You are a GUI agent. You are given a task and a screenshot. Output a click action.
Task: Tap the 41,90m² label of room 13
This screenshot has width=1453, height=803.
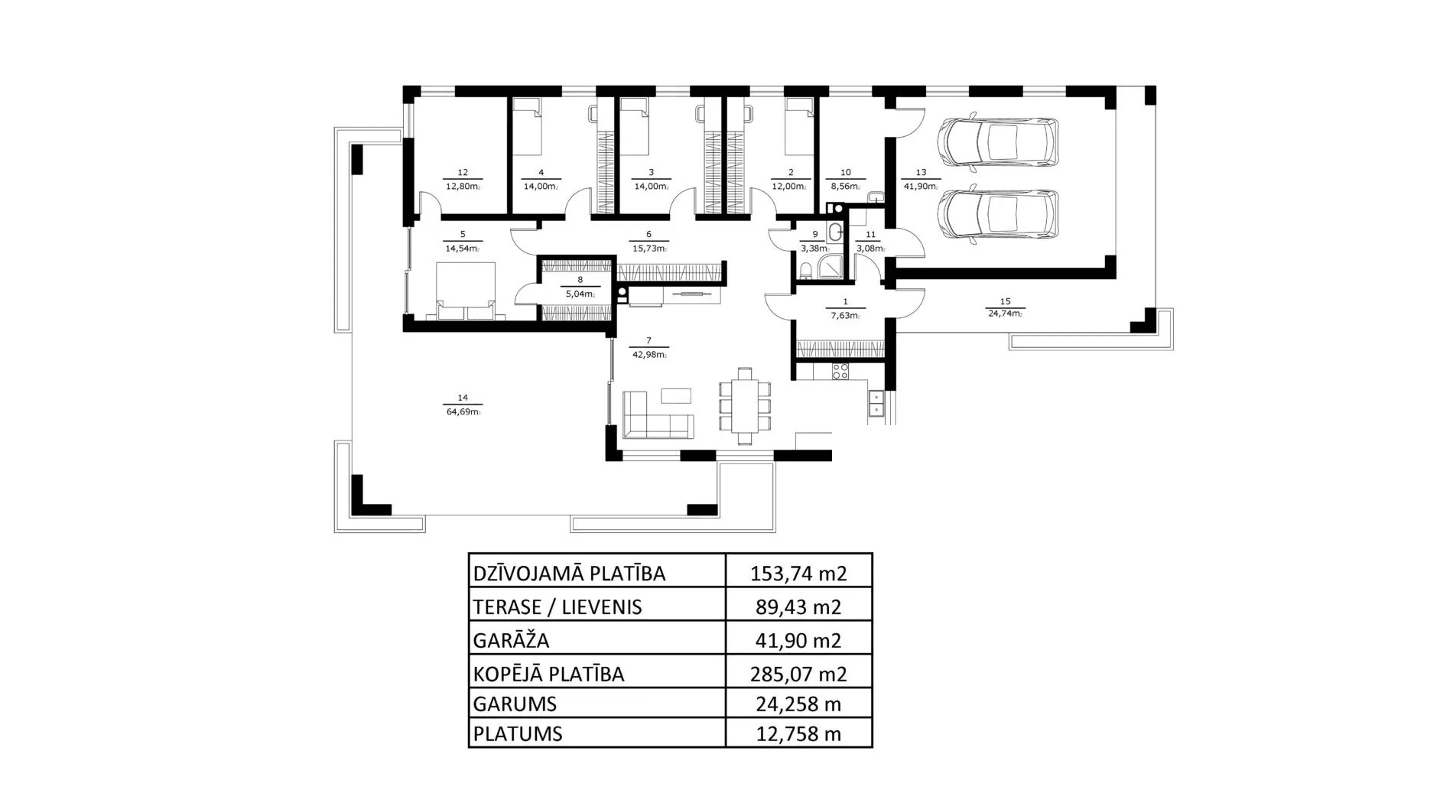[x=921, y=187]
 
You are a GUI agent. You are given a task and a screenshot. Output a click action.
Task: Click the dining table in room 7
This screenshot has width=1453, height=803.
[x=745, y=405]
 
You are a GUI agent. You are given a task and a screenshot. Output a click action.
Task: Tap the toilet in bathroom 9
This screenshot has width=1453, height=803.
[x=805, y=271]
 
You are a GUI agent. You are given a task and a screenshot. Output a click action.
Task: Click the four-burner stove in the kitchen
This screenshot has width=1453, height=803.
[x=840, y=372]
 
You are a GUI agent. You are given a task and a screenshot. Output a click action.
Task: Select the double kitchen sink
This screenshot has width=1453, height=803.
[x=876, y=403]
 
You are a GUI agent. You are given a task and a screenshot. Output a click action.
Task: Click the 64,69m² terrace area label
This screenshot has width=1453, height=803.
[x=463, y=412]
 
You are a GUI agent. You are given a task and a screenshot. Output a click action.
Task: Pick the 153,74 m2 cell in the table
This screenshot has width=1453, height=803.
[x=798, y=573]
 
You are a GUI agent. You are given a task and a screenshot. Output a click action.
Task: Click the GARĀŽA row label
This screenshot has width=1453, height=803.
[x=511, y=640]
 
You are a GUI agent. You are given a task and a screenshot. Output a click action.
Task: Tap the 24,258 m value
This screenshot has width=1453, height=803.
[x=798, y=703]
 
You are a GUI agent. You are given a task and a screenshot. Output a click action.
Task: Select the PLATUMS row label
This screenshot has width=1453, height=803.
[x=518, y=733]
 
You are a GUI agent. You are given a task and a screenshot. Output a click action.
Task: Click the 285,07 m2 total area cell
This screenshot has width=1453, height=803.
[x=798, y=674]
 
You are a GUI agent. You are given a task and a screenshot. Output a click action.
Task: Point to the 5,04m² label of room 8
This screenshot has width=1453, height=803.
[x=580, y=294]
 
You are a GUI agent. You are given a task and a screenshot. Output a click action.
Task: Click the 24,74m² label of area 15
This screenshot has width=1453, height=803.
[x=1005, y=314]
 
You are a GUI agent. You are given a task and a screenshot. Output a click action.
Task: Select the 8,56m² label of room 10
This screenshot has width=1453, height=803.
[x=845, y=187]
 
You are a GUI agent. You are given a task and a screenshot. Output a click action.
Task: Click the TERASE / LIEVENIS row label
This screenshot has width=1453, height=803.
[x=557, y=607]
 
